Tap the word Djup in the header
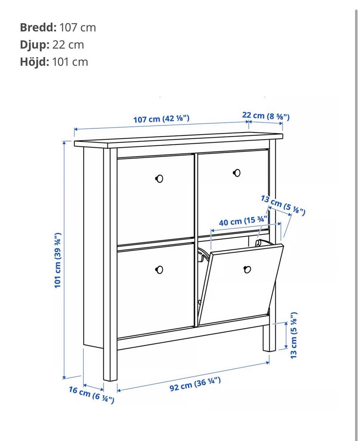34,45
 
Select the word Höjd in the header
34,62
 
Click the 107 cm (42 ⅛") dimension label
161,119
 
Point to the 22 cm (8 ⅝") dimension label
266,116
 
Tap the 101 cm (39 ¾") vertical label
58,260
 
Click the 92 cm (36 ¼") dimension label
195,384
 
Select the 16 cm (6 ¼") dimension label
91,394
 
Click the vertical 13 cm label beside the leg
293,335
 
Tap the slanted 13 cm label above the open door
283,205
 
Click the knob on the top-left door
159,178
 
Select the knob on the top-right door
237,173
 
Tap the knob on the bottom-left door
159,270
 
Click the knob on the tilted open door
247,269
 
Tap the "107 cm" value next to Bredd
78,27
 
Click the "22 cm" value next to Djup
68,45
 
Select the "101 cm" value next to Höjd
70,62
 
